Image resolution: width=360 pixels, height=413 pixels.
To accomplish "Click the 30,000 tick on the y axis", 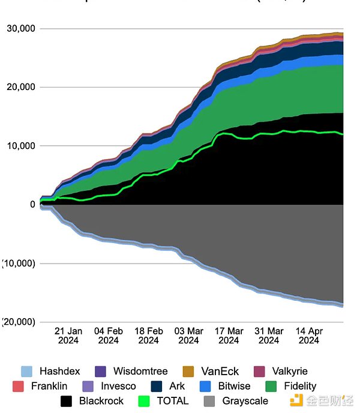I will (x=21, y=28).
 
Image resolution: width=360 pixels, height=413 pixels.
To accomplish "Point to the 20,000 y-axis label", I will (x=21, y=87).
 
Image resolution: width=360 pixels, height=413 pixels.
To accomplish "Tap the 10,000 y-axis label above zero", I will (x=21, y=146).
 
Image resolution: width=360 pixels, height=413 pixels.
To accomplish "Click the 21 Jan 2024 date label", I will (x=68, y=336).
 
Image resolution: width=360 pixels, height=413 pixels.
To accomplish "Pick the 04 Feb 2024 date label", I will (x=109, y=336).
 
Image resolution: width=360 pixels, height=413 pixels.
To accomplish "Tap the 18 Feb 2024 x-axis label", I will (x=149, y=336).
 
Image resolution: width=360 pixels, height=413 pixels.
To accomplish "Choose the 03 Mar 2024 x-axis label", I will (x=188, y=336).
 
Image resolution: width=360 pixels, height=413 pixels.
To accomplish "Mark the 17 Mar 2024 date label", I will (x=229, y=336).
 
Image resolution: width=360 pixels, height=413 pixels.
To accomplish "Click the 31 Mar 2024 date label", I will (x=269, y=336).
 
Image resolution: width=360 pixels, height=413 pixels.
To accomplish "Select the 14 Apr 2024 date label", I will (x=309, y=336).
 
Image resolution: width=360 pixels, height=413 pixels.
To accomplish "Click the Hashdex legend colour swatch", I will (x=26, y=372).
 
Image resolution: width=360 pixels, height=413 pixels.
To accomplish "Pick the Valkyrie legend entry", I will (x=281, y=372).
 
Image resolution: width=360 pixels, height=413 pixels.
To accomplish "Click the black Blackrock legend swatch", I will (x=67, y=401).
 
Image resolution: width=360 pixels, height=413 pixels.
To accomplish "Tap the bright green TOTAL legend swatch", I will (x=144, y=401).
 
